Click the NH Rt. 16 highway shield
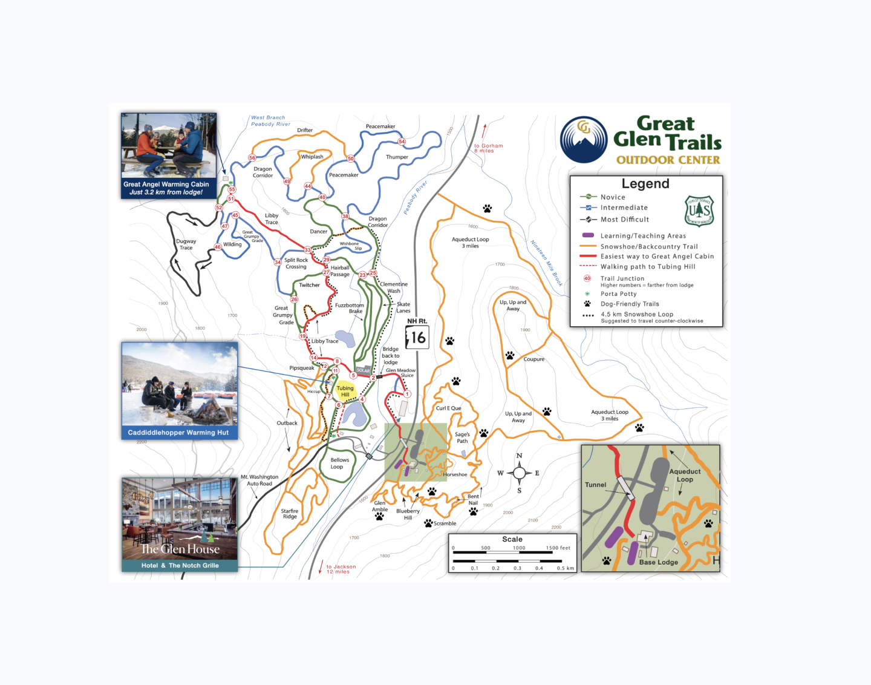tap(417, 337)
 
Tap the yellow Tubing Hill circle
tap(345, 391)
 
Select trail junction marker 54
tap(402, 142)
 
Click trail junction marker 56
tap(252, 158)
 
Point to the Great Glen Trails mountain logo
tap(584, 140)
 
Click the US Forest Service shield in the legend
tap(699, 211)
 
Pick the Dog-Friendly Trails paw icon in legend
tap(587, 304)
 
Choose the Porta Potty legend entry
tap(618, 294)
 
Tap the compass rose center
tap(519, 473)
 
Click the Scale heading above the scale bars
tap(512, 539)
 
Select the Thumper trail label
tap(397, 157)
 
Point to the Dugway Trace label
tap(186, 244)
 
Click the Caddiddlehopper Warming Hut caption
tap(178, 433)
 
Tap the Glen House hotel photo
tap(180, 519)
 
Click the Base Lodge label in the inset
tap(659, 562)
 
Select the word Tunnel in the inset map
tap(595, 485)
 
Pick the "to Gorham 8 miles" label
tap(488, 148)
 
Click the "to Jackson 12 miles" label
tap(341, 569)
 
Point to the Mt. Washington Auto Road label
tap(259, 480)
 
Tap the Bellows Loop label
tap(339, 464)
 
